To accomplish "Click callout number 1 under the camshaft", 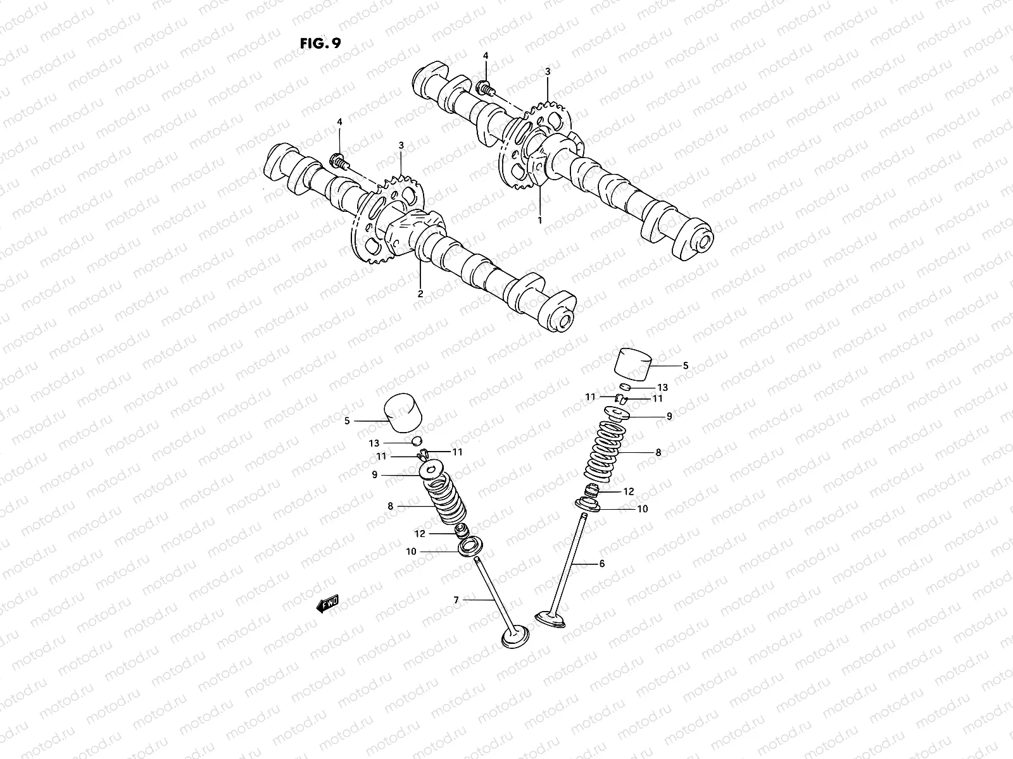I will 539,219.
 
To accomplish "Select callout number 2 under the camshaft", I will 419,294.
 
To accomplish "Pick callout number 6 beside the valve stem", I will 601,563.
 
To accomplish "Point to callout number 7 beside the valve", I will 456,599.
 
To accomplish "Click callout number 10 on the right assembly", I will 642,509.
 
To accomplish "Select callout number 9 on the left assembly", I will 374,474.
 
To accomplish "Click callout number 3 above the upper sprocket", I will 548,71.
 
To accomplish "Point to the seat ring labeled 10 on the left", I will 470,545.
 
